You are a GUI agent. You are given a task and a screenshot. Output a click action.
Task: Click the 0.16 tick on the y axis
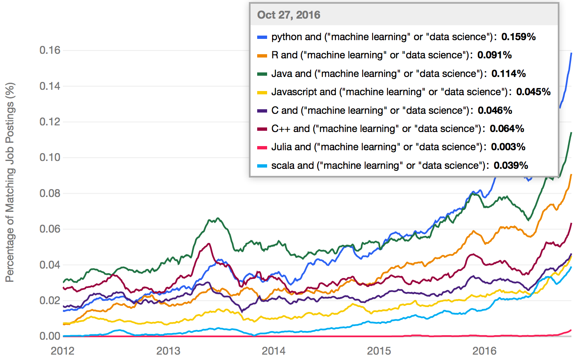(x=50, y=50)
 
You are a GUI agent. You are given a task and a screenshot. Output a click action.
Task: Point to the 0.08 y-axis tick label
(x=50, y=193)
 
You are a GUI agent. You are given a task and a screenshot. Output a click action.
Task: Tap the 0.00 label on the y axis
(x=50, y=336)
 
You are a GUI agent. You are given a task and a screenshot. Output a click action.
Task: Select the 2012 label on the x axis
(x=62, y=351)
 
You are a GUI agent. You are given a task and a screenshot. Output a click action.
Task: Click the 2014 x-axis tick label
(x=273, y=351)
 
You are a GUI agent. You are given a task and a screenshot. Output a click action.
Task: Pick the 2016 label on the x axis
(x=484, y=351)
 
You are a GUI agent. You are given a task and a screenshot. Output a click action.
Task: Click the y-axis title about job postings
(x=10, y=182)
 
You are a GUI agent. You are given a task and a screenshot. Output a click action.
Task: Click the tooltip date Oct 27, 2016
(x=289, y=15)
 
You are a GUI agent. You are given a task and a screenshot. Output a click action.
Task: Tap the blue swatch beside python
(x=262, y=37)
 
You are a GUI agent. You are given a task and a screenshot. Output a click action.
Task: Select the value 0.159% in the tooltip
(x=518, y=37)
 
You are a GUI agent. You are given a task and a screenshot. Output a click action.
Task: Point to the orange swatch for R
(x=262, y=55)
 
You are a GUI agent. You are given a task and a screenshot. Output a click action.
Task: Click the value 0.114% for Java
(x=509, y=74)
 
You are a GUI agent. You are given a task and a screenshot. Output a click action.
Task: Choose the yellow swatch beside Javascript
(x=262, y=92)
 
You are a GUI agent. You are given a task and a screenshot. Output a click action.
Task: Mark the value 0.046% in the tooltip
(x=495, y=110)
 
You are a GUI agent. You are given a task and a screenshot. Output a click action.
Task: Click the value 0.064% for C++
(x=507, y=129)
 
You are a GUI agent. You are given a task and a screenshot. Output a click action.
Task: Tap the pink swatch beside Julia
(x=262, y=147)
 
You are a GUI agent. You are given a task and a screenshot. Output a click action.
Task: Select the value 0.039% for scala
(x=511, y=166)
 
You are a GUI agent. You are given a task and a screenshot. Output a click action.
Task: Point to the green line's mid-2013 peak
(x=218, y=218)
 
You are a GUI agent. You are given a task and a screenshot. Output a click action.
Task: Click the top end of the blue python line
(x=571, y=53)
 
